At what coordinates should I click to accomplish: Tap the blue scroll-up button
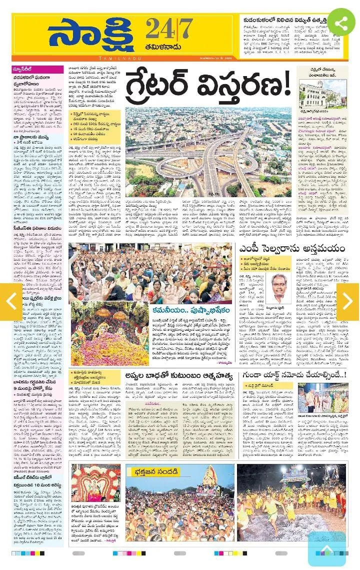(326, 549)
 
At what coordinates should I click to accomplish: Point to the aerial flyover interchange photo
(208, 152)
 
